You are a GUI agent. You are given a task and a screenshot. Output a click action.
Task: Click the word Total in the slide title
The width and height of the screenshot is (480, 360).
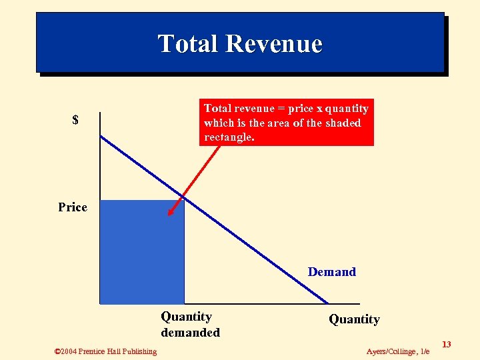click(189, 44)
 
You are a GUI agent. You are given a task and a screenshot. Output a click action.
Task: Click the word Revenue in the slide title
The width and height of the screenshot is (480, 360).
click(274, 44)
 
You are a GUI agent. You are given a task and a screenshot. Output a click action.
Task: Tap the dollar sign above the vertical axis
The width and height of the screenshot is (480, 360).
click(75, 120)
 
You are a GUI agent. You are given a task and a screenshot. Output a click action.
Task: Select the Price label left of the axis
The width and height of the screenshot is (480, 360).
click(73, 207)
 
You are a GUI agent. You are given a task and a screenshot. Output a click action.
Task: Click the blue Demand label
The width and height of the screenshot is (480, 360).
click(331, 272)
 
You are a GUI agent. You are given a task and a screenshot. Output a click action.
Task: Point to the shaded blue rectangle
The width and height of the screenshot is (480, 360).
click(141, 252)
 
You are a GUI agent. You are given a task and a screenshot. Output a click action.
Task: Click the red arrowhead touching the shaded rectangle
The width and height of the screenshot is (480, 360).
click(171, 212)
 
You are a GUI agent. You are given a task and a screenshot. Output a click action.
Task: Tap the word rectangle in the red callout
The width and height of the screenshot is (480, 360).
click(229, 137)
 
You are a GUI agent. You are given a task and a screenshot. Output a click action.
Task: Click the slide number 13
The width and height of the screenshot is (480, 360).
click(447, 344)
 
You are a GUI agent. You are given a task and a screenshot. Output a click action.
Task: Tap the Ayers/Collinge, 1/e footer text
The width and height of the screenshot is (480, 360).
click(398, 351)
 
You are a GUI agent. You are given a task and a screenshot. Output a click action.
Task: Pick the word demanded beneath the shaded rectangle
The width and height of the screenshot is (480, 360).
click(190, 332)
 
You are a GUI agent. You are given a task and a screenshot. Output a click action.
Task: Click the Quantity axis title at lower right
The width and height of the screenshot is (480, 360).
click(354, 319)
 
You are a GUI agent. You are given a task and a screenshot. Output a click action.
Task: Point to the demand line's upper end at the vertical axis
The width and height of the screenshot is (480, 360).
click(101, 136)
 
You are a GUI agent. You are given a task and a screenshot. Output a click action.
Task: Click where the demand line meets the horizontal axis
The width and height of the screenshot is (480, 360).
click(327, 303)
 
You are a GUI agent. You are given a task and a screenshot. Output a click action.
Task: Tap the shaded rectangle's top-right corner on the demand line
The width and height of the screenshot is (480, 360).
click(184, 200)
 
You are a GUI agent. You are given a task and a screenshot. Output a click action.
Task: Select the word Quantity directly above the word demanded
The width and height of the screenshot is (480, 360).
click(186, 317)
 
